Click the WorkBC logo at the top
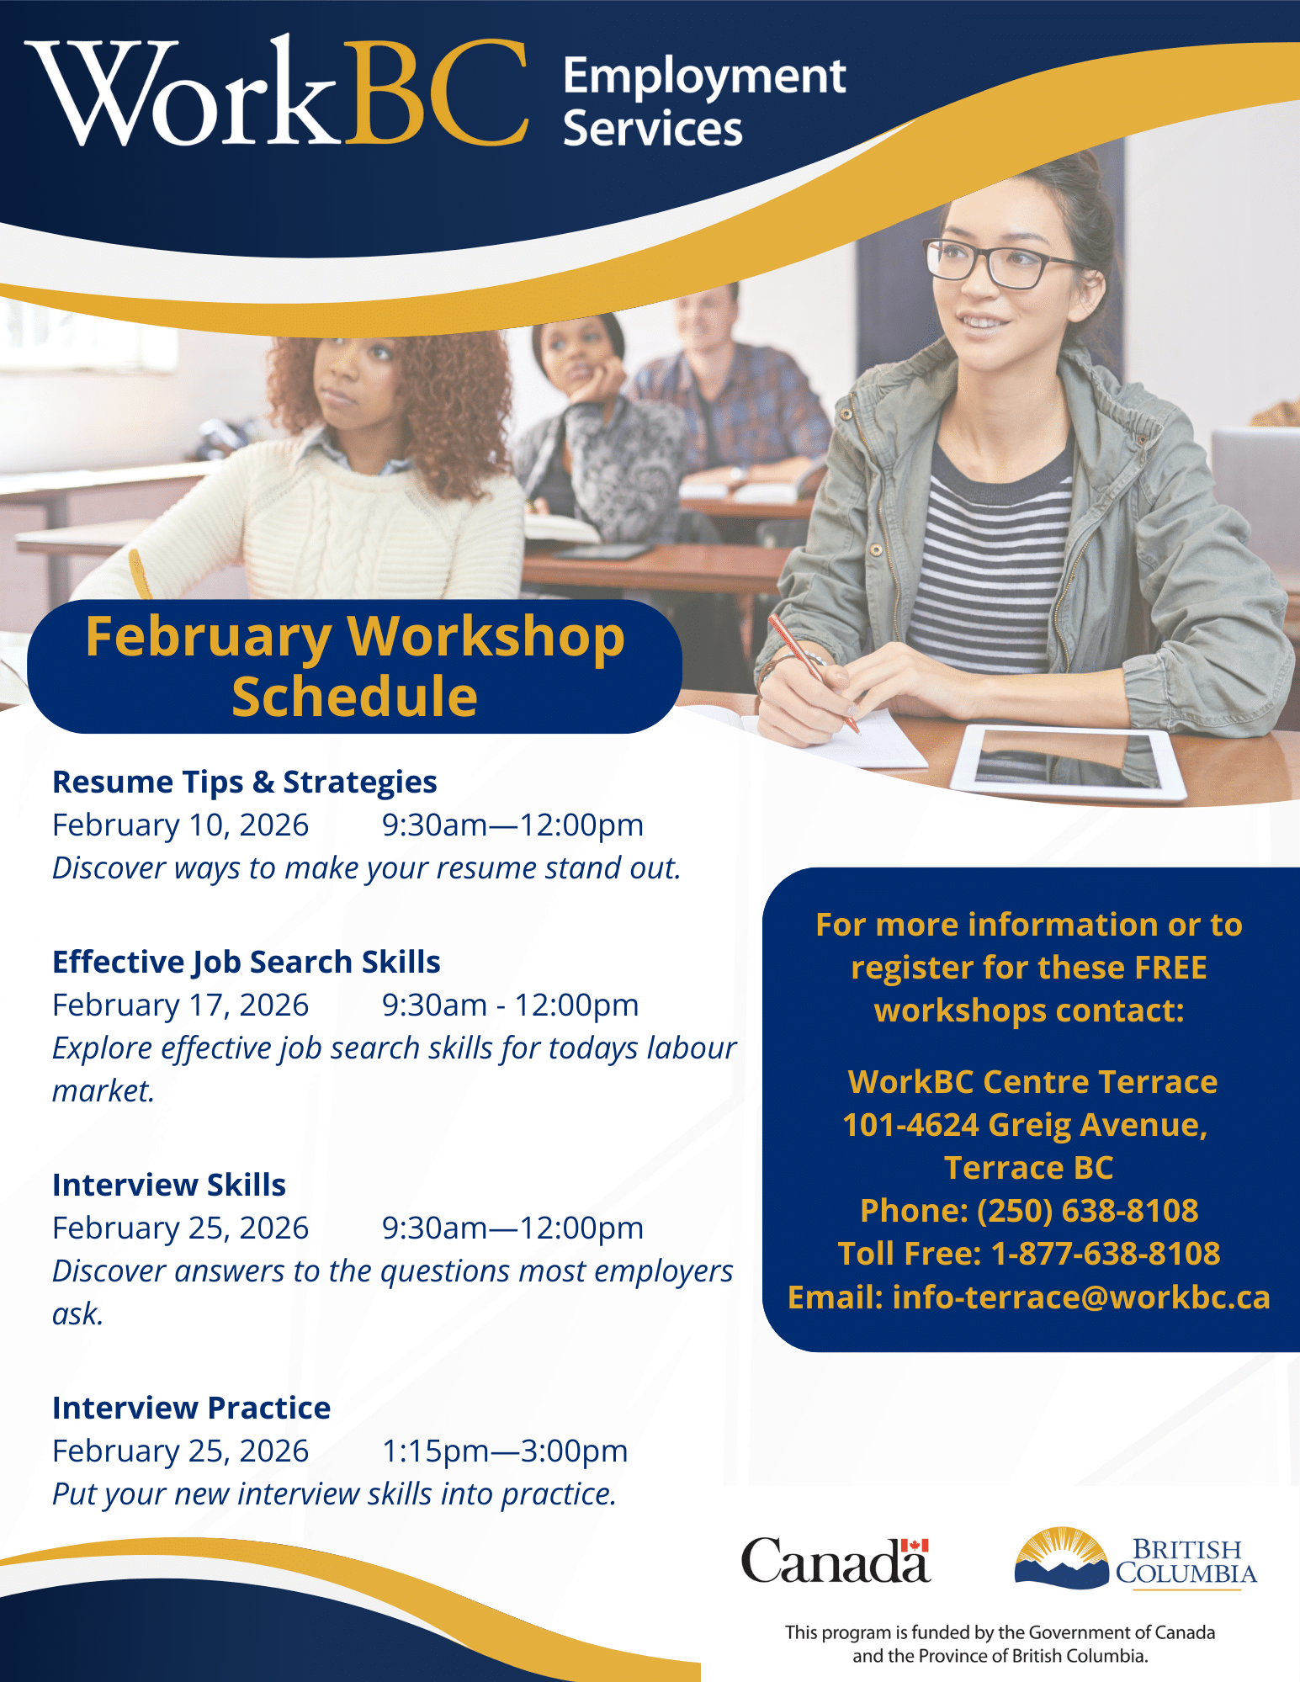coord(278,92)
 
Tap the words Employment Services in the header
coord(704,102)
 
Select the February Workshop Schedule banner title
coord(355,666)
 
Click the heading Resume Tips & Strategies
coord(245,782)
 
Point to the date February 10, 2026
coord(180,825)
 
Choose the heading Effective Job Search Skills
coord(247,962)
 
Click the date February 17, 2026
coord(180,1005)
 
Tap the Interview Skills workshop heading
coord(169,1185)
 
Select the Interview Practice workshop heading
coord(192,1408)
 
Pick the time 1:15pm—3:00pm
coord(505,1451)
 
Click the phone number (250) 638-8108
coord(1087,1210)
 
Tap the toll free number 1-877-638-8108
coord(1106,1253)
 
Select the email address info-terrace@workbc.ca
coord(1081,1297)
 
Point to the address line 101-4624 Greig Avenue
coord(1026,1124)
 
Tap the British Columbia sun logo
coord(1062,1557)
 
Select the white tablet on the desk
coord(1069,761)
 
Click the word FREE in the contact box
coord(1170,968)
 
